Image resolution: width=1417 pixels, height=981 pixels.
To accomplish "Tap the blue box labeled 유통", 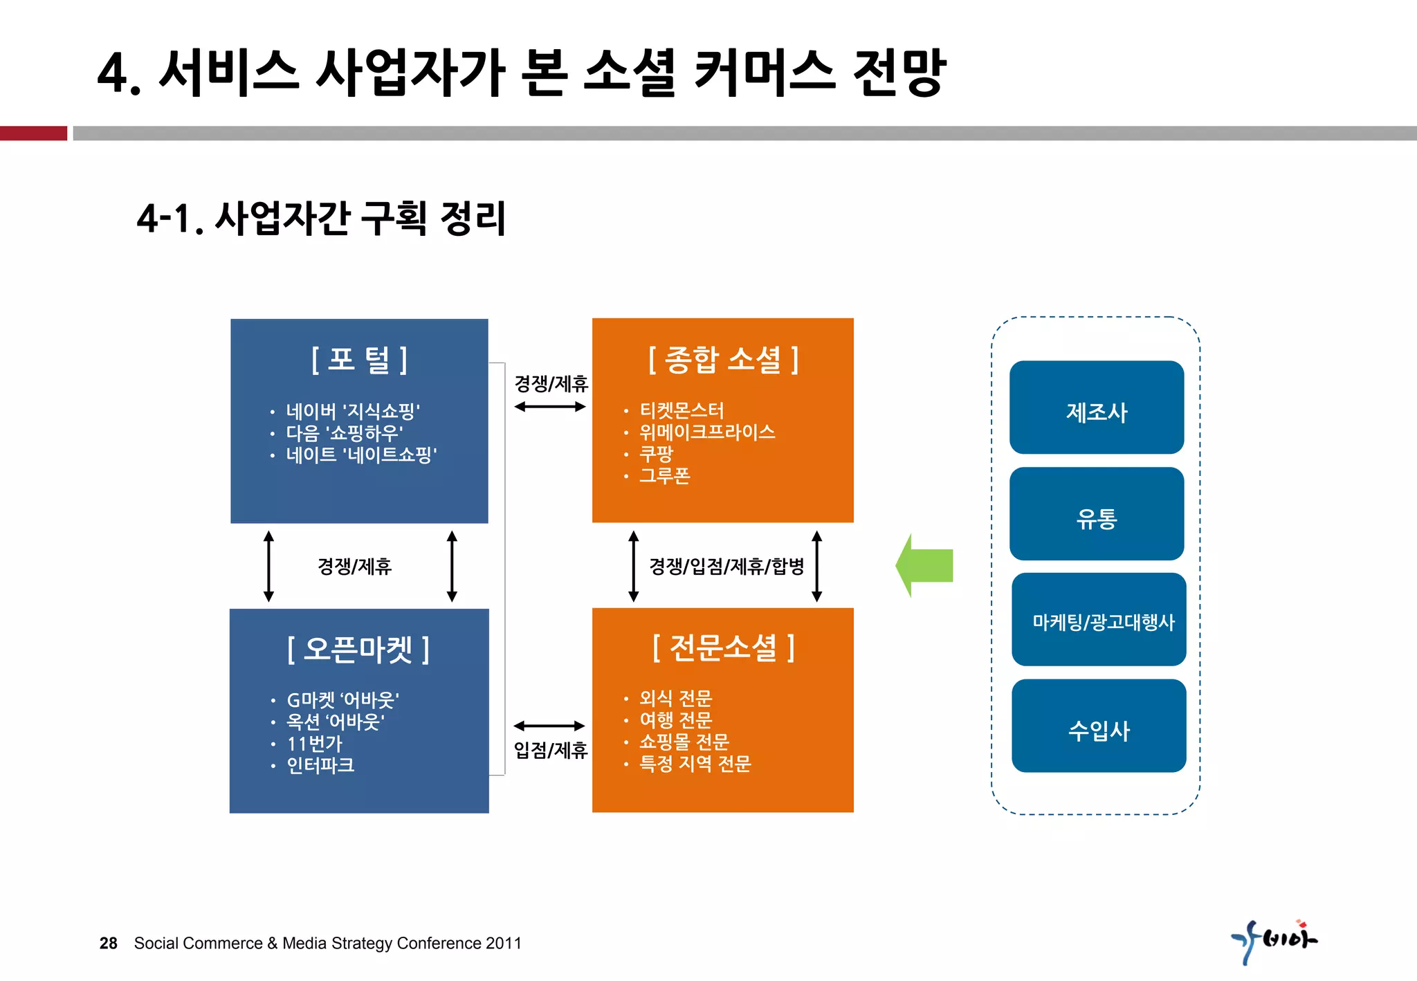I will coord(1096,515).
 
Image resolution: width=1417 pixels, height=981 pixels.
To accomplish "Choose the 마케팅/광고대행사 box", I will coord(1099,621).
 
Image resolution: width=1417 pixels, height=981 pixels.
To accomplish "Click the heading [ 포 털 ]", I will coord(359,360).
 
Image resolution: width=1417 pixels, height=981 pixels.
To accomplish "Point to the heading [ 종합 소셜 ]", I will coord(723,360).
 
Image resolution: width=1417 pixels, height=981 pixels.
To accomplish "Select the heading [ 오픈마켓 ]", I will coord(358,649).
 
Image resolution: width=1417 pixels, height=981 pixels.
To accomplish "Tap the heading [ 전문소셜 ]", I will coord(723,648).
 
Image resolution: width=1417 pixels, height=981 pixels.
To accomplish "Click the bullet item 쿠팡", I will coord(656,454).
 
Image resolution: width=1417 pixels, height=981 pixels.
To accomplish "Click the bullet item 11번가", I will coord(314,744).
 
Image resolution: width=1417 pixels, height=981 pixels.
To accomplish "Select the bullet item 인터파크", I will coord(320,765).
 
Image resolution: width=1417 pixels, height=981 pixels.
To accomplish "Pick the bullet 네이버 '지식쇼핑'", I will coord(353,412).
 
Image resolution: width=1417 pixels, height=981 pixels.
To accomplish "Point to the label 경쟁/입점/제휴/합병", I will coord(726,567).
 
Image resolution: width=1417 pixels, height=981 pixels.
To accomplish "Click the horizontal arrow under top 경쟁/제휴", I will coord(550,407).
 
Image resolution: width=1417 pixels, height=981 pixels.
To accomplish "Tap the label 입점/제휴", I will coord(550,750).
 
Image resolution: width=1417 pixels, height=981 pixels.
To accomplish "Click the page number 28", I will coord(109,943).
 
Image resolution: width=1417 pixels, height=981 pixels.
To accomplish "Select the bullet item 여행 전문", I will coord(675,720).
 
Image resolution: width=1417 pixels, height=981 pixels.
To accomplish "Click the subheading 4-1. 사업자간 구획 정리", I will coord(322,219).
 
